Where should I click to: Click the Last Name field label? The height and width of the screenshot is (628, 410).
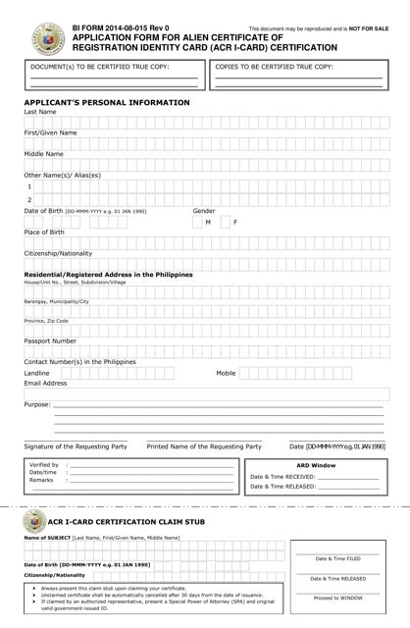tap(40, 112)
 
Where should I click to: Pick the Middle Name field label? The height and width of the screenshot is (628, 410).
tap(44, 153)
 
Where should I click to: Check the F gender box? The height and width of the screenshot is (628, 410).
tap(224, 223)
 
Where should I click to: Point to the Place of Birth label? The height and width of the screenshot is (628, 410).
tap(46, 232)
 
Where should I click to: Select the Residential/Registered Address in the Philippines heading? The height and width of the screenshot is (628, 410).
tap(108, 274)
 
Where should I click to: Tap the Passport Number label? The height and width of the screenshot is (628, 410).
tap(50, 340)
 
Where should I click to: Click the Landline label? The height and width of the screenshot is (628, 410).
tap(37, 373)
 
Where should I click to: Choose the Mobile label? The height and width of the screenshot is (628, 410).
tap(226, 373)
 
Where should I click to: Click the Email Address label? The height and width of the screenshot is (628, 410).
tap(45, 384)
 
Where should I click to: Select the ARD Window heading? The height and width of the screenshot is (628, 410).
tap(316, 464)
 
